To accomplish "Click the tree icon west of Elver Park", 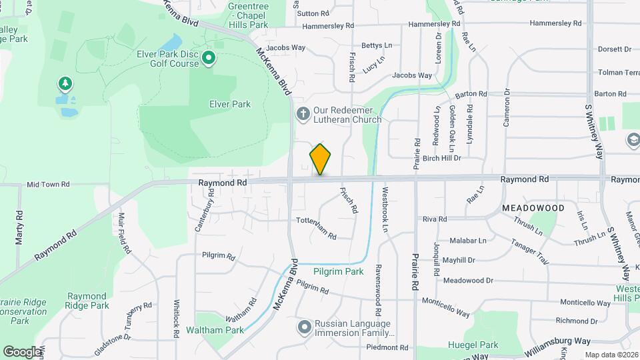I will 65,84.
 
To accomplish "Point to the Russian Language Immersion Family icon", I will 305,327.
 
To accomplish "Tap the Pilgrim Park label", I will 339,271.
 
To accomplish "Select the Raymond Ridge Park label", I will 87,301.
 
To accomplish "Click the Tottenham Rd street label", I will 316,228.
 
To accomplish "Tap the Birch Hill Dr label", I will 437,159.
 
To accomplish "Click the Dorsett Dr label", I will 614,49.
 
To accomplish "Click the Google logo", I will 23,351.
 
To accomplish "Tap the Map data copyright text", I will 611,355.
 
